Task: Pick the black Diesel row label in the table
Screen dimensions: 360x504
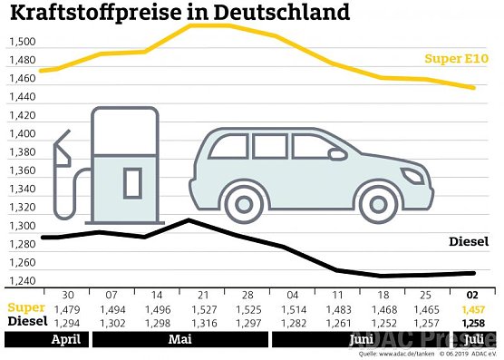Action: click(x=25, y=322)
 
